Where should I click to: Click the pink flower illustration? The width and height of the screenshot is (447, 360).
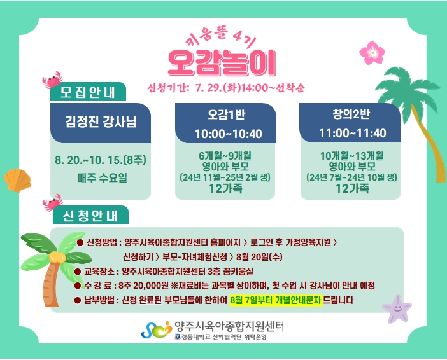[372, 53]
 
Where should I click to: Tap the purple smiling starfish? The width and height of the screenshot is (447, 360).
[397, 309]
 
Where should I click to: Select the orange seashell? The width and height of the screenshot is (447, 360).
[17, 181]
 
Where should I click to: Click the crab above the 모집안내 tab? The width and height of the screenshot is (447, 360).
[52, 80]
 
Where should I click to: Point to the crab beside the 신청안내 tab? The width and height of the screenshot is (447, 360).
[53, 202]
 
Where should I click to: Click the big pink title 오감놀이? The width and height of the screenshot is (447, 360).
[222, 63]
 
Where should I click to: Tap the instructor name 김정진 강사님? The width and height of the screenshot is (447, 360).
[101, 121]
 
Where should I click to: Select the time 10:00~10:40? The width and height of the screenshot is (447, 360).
[229, 134]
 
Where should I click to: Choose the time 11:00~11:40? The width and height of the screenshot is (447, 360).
[352, 134]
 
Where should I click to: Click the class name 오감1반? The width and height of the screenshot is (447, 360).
[226, 114]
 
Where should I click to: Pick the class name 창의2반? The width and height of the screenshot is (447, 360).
[351, 114]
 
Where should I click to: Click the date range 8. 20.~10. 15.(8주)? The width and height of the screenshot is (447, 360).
[101, 160]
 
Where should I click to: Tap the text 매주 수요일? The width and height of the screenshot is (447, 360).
[102, 177]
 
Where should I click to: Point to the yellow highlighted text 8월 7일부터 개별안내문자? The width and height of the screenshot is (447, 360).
[276, 300]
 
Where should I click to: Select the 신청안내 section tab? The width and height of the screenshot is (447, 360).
[90, 216]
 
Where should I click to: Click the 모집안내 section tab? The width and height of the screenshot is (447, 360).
[88, 92]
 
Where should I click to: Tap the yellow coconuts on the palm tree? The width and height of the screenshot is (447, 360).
[57, 257]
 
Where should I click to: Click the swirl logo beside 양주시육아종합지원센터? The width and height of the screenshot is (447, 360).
[156, 330]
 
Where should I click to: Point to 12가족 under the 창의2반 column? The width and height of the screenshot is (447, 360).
[352, 188]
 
